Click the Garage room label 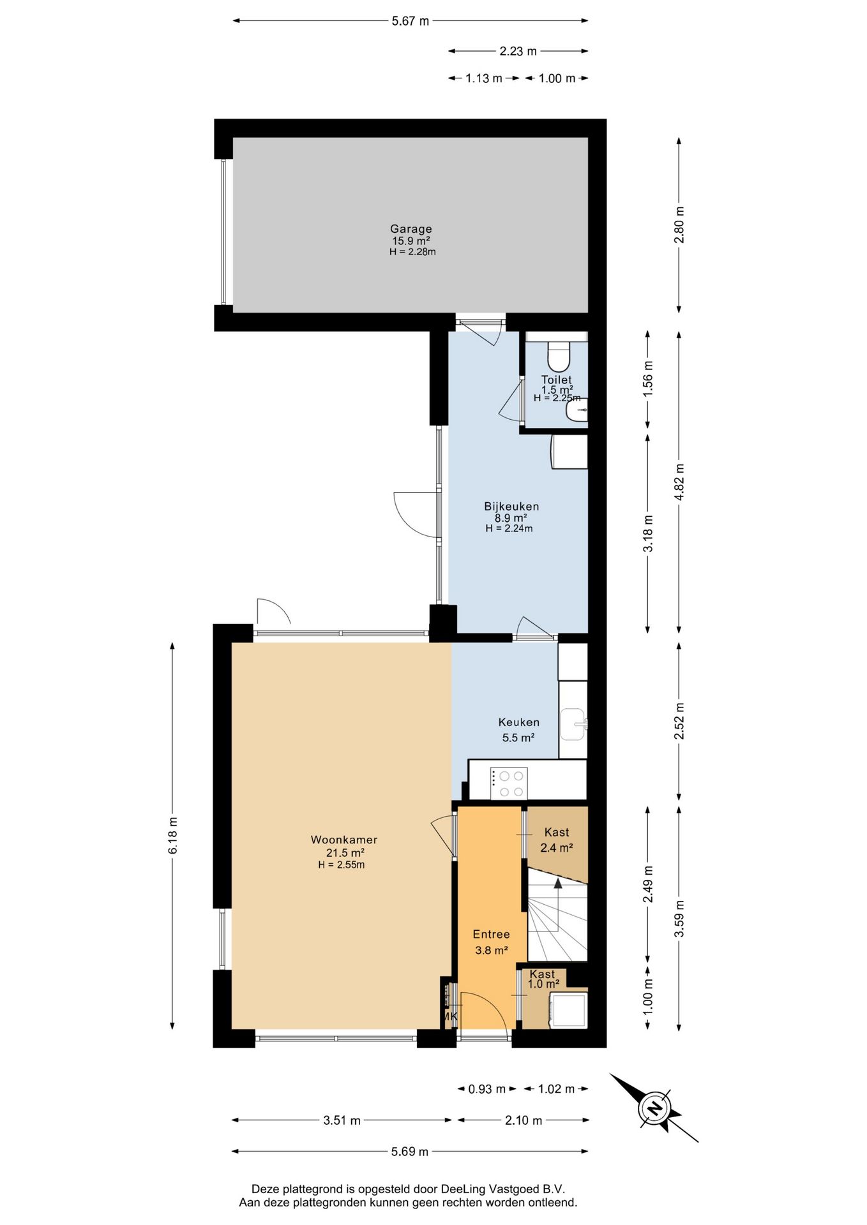coord(411,228)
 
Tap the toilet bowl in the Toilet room coord(558,357)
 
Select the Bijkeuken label coord(511,506)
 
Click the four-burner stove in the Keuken coord(509,783)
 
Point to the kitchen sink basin coord(572,725)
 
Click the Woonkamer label coord(344,840)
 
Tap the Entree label coord(492,934)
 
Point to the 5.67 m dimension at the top coord(411,21)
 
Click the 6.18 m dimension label coord(173,835)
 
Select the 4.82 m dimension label coord(679,482)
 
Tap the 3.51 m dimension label coord(342,1120)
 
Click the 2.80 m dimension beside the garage coord(679,225)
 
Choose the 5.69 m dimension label coord(410,1152)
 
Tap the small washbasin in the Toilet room coord(577,410)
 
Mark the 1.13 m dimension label coord(484,78)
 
